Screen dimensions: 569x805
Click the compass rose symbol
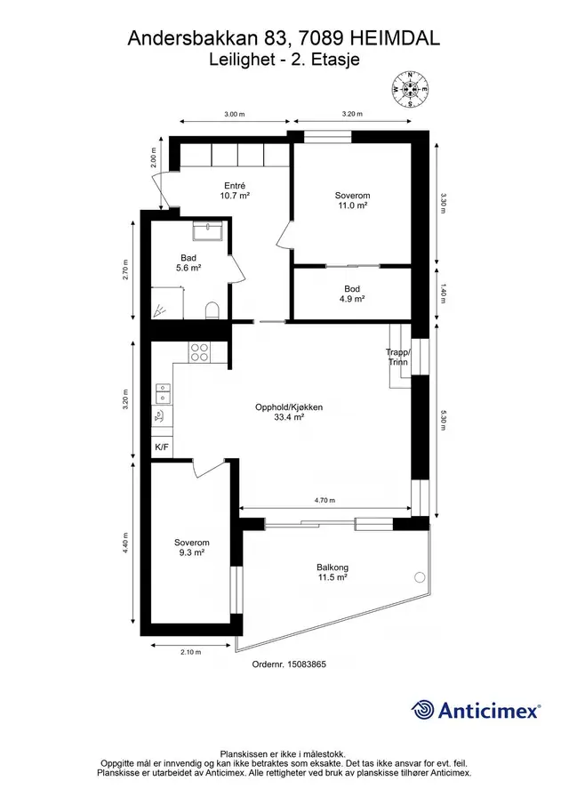(x=410, y=89)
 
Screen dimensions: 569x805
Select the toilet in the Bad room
(x=212, y=310)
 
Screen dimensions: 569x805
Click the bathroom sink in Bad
(x=207, y=230)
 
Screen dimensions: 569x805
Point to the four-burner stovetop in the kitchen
(x=199, y=353)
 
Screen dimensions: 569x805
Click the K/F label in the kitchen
(x=162, y=447)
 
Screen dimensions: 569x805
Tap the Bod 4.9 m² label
(x=352, y=294)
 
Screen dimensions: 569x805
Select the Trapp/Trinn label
(x=398, y=357)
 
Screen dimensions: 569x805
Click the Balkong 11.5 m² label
(x=332, y=573)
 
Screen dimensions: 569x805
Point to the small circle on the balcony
(x=420, y=576)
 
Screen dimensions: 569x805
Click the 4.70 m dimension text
(x=325, y=500)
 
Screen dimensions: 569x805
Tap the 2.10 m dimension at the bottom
(x=190, y=652)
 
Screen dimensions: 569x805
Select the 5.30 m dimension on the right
(x=444, y=420)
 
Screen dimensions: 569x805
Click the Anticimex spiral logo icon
(x=423, y=710)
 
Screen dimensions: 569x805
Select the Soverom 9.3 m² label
(x=191, y=547)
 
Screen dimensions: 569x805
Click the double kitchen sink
(x=164, y=394)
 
